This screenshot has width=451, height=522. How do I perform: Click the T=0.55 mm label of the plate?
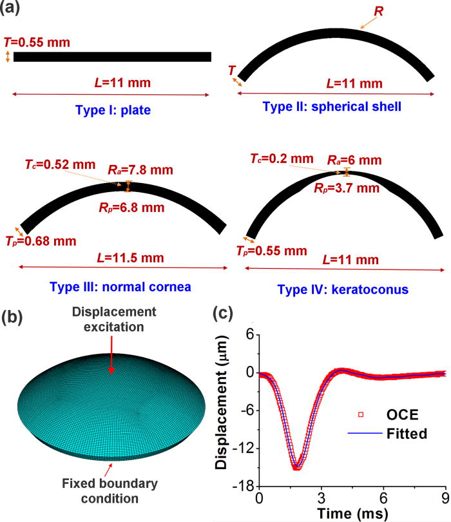tap(37, 43)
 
